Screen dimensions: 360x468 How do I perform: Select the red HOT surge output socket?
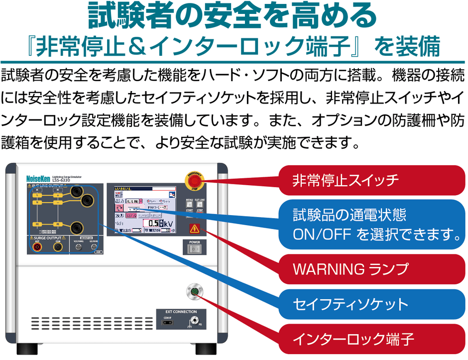[37, 247]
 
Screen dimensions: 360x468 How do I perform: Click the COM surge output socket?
[58, 247]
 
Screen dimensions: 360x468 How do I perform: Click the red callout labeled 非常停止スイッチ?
[371, 180]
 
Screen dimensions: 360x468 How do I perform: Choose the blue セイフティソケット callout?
[371, 303]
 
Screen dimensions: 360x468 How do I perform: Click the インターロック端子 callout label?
[371, 339]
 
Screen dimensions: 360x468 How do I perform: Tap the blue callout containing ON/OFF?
[371, 224]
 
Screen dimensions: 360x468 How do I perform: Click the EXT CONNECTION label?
[181, 312]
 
